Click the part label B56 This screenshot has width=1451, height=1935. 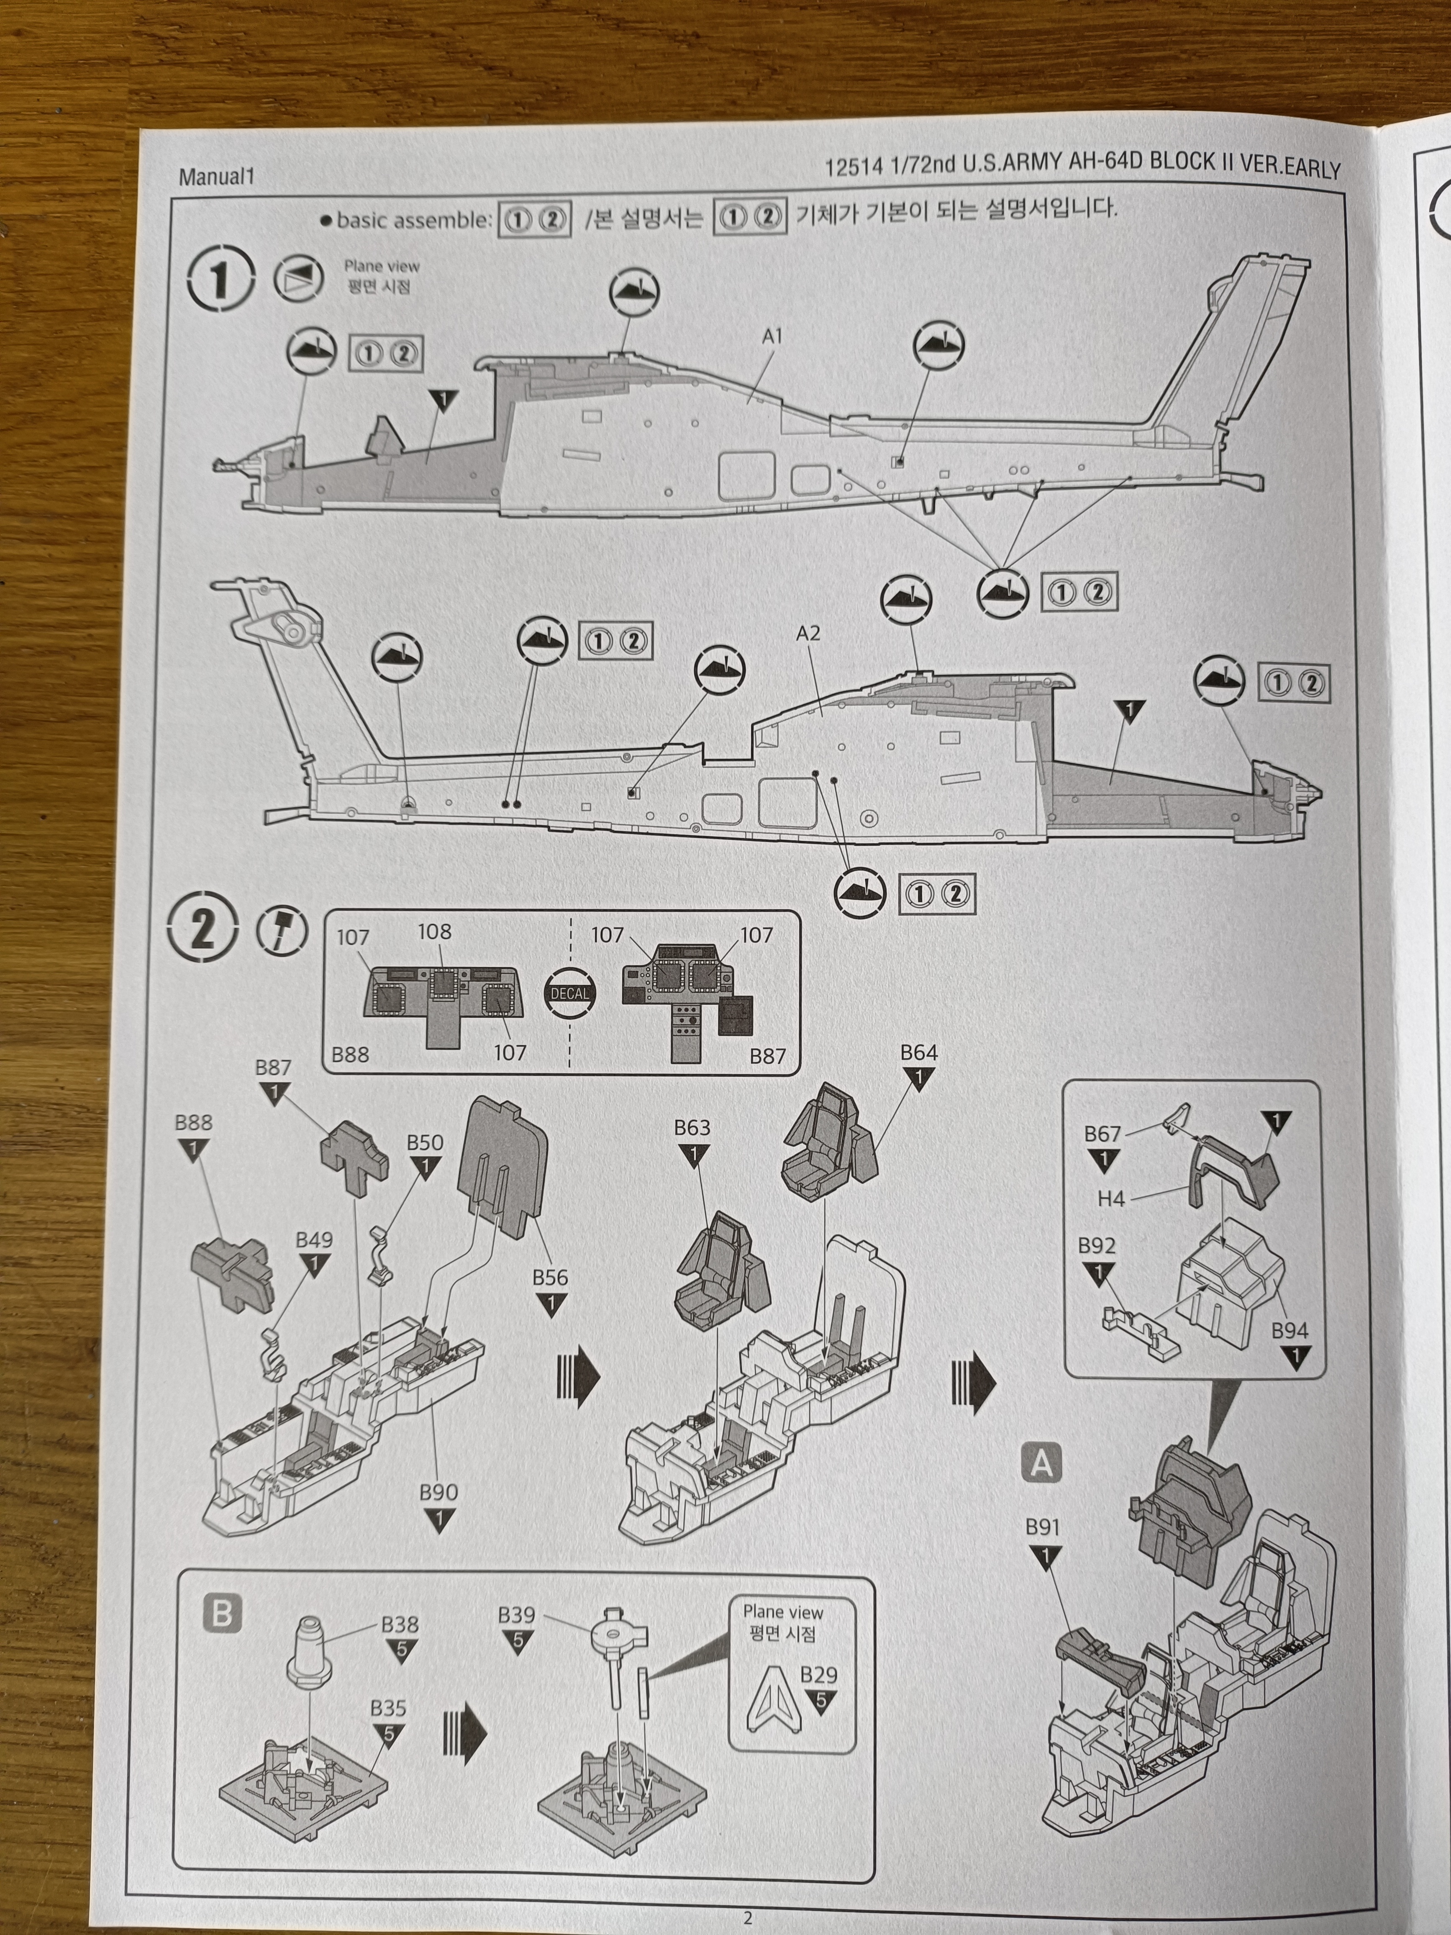pyautogui.click(x=550, y=1277)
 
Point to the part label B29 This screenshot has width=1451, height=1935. pyautogui.click(x=819, y=1674)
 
